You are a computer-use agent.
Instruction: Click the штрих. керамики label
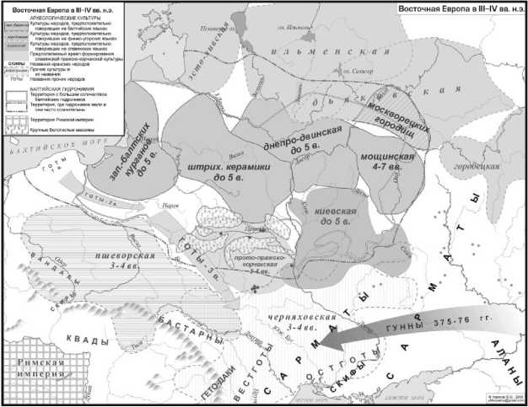coord(216,173)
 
